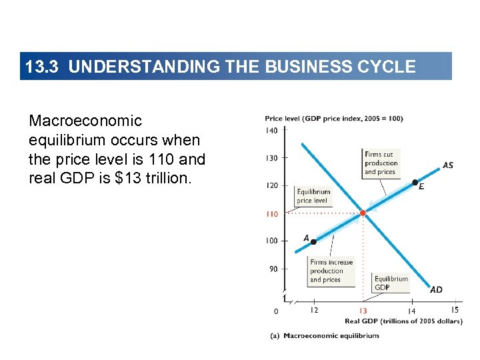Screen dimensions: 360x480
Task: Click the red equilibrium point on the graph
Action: [363, 213]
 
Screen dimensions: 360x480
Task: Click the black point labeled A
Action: [313, 242]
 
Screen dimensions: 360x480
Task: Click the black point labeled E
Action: [415, 182]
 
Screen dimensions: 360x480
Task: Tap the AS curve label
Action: [448, 165]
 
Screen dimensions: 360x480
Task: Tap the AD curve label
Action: [436, 290]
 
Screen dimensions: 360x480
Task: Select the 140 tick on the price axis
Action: [271, 131]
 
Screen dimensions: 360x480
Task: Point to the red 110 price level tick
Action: [271, 214]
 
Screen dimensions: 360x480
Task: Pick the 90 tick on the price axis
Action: [273, 269]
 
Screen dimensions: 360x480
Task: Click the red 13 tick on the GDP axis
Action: [363, 311]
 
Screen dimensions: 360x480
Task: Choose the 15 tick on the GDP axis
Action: [455, 309]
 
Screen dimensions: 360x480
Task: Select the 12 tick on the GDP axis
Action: [314, 310]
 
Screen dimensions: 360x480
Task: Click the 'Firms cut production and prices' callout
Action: [381, 163]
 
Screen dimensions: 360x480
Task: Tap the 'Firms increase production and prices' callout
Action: [331, 271]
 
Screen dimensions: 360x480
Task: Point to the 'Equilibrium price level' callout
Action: [313, 196]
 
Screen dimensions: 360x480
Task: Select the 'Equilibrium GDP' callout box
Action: [391, 283]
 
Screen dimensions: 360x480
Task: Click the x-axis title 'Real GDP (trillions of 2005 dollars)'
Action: [403, 321]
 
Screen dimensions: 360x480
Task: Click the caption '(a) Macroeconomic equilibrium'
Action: [324, 335]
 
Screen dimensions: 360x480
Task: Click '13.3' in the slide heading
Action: [43, 67]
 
